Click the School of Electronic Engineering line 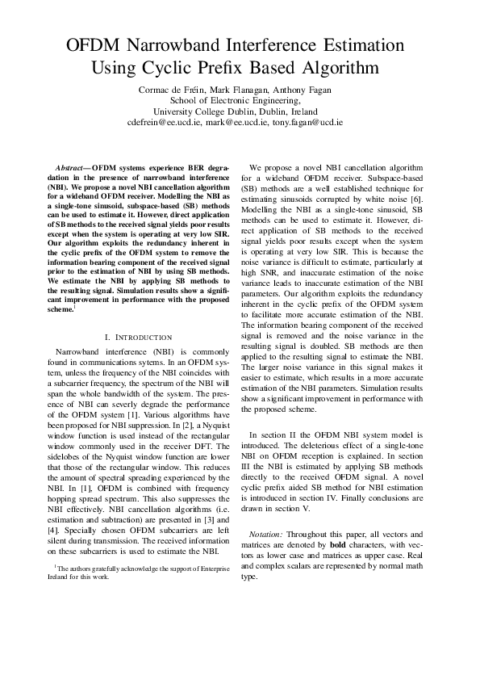tap(240, 101)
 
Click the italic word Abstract tap(70, 166)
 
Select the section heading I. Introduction tap(139, 337)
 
